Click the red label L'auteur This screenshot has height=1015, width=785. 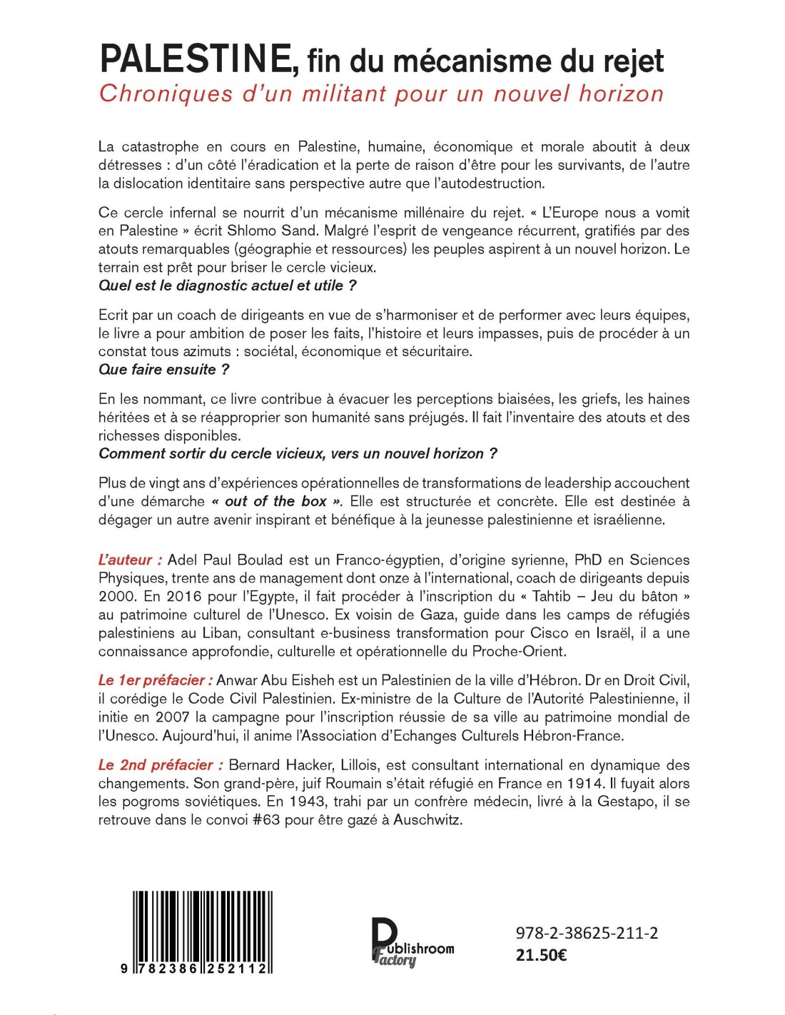[x=130, y=560]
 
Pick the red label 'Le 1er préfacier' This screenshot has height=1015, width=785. [x=155, y=680]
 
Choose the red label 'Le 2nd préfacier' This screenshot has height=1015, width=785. [x=160, y=764]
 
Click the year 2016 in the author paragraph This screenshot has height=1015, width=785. [x=185, y=596]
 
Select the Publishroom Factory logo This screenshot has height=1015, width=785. [x=412, y=942]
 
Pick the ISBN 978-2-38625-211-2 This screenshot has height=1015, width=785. [x=587, y=933]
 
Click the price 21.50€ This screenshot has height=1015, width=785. [x=541, y=955]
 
